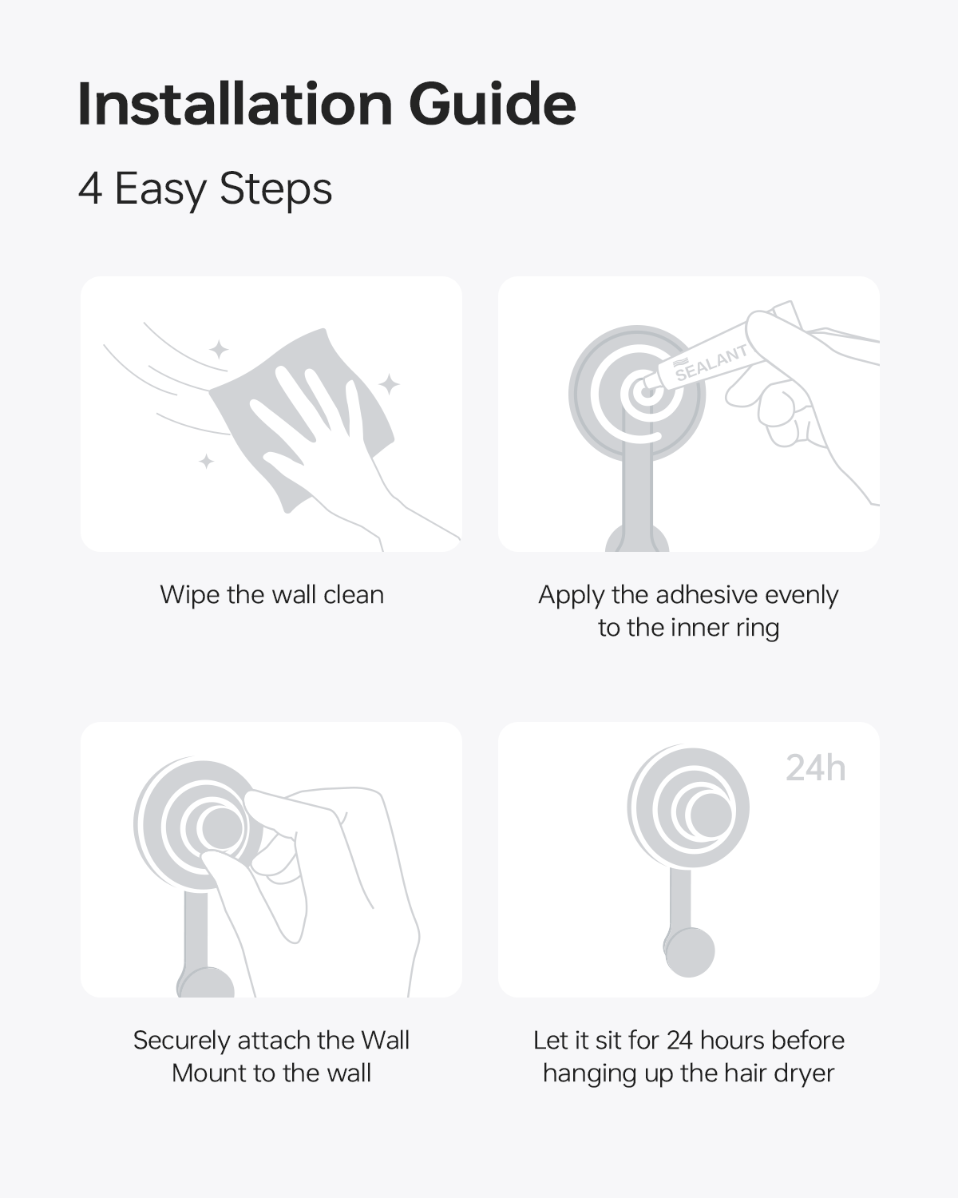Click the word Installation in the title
[236, 104]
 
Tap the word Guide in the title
[492, 104]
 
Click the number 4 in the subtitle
[89, 189]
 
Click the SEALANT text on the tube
[711, 363]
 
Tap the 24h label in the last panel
[815, 769]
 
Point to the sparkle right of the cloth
[389, 384]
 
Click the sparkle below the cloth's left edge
[207, 462]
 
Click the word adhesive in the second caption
[707, 594]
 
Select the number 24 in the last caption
[679, 1041]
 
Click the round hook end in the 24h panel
[689, 953]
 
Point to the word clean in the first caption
[354, 595]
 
